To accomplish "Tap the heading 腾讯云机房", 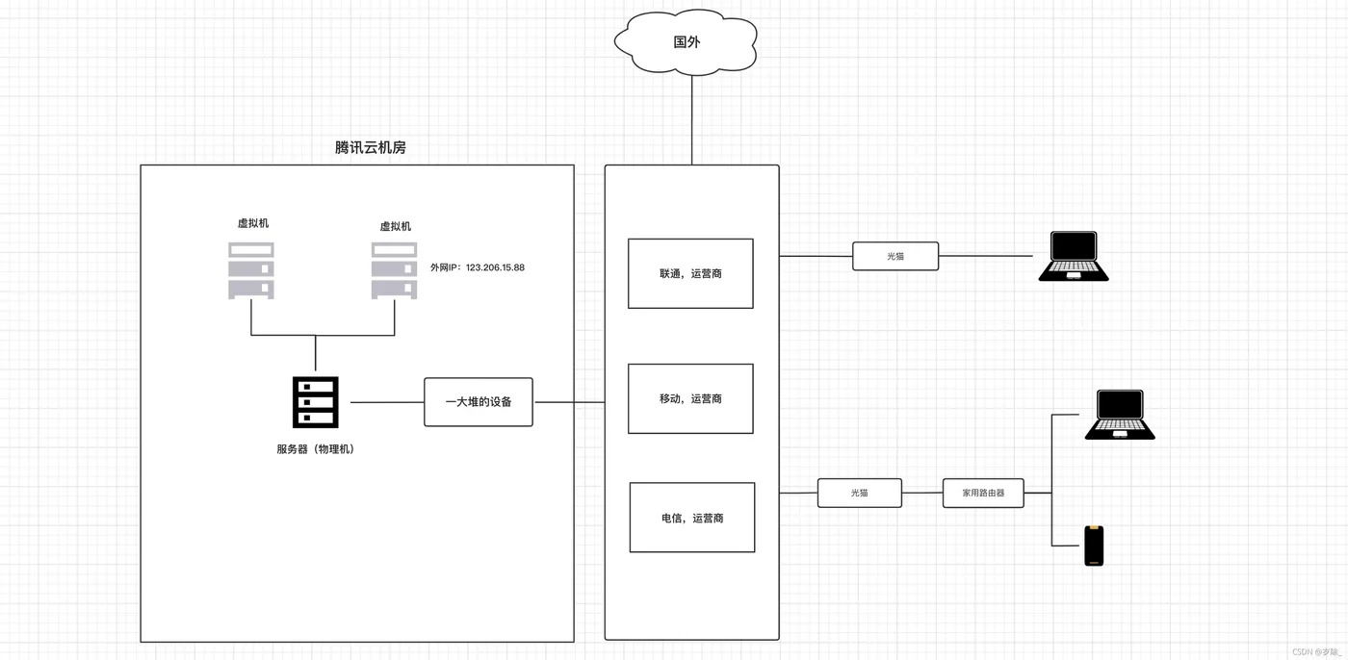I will (x=370, y=147).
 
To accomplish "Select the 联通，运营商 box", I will (x=690, y=273).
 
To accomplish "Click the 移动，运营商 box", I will (x=690, y=398).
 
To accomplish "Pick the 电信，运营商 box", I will (x=691, y=518).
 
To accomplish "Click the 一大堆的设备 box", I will (x=478, y=401).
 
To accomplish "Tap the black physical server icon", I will (x=316, y=402).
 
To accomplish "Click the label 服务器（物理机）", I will (x=315, y=449).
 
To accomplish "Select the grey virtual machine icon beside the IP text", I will (x=395, y=269).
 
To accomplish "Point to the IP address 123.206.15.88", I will (x=495, y=267).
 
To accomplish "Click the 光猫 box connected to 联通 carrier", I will (x=895, y=257).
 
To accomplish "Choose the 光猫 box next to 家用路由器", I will (x=859, y=493).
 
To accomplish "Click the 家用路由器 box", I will (x=983, y=493).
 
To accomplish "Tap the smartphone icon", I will (x=1094, y=546).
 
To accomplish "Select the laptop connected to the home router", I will (x=1119, y=415).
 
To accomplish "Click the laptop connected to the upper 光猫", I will (x=1073, y=256).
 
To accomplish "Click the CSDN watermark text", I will (x=1316, y=651).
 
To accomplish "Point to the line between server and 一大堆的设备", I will (x=387, y=402).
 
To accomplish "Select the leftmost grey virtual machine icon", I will (x=251, y=269).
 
